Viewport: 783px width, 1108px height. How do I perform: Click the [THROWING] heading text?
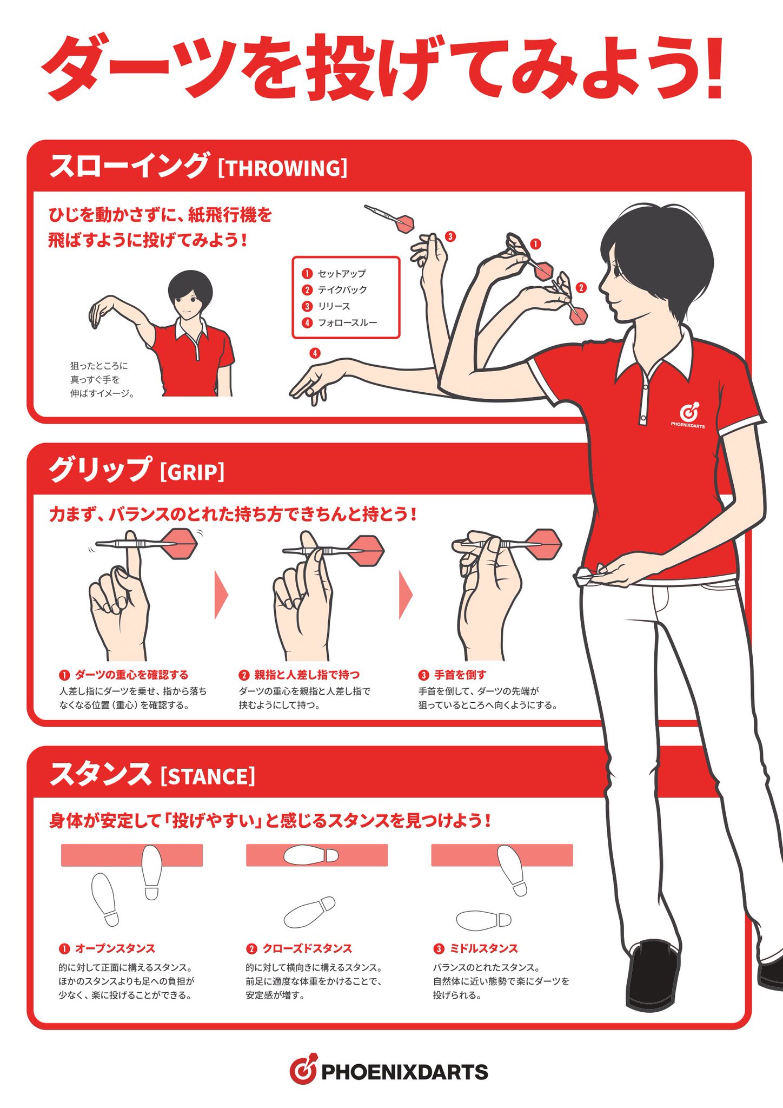(282, 168)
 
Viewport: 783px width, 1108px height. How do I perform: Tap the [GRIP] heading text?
(192, 472)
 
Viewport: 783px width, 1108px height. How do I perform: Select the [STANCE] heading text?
(208, 776)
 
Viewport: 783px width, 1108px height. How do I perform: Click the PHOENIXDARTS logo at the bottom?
(389, 1071)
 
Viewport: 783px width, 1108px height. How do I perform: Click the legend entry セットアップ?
(341, 273)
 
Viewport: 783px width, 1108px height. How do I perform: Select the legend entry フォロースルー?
(347, 323)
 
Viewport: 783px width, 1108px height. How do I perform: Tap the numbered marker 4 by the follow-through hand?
(315, 353)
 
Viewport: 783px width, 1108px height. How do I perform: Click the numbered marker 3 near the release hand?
(450, 236)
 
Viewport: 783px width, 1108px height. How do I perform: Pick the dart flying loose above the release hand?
(389, 219)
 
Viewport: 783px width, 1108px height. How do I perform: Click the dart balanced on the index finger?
(147, 543)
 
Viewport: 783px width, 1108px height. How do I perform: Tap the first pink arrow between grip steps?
(221, 594)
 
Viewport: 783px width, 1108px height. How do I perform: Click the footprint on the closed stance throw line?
(311, 855)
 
